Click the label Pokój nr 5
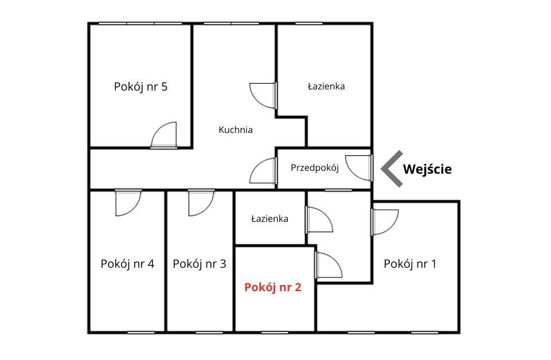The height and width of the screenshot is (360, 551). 140,87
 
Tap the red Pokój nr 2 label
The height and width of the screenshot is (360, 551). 273,288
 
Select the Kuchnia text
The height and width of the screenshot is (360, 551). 236,130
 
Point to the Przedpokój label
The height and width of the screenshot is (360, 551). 315,168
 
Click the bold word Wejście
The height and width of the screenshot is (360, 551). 427,169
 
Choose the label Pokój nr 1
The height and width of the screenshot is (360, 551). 410,264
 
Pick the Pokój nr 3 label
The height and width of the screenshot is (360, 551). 200,264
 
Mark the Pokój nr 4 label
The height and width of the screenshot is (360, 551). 127,264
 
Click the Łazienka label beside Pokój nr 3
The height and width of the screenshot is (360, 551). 270,219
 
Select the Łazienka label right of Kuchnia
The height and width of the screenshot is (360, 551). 326,87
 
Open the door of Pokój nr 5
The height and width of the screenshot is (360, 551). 164,135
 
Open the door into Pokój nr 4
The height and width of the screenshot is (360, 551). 128,203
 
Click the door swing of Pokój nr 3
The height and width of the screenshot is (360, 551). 201,203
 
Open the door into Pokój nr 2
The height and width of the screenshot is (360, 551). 329,265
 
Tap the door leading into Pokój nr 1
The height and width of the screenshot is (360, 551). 385,222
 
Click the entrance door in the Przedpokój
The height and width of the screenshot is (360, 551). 359,168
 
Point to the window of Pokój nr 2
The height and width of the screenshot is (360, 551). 275,332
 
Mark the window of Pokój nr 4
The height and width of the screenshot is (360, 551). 141,332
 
